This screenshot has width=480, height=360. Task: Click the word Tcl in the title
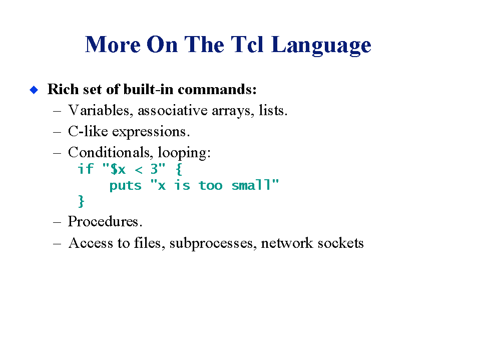pyautogui.click(x=247, y=45)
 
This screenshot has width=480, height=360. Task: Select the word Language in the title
pyautogui.click(x=321, y=46)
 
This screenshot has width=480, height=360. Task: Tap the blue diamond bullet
pyautogui.click(x=34, y=90)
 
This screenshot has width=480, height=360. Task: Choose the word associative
pyautogui.click(x=173, y=111)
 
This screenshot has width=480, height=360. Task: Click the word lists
pyautogui.click(x=273, y=111)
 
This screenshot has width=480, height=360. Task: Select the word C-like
pyautogui.click(x=88, y=131)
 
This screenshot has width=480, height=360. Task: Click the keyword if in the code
pyautogui.click(x=86, y=169)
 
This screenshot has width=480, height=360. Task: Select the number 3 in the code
pyautogui.click(x=154, y=169)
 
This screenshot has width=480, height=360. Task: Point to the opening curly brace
pyautogui.click(x=179, y=169)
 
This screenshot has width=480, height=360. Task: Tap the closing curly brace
pyautogui.click(x=81, y=201)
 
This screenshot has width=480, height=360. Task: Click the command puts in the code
pyautogui.click(x=126, y=186)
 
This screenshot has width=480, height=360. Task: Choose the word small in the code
pyautogui.click(x=251, y=185)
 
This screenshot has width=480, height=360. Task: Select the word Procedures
pyautogui.click(x=105, y=221)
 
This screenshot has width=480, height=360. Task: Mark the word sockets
pyautogui.click(x=341, y=243)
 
